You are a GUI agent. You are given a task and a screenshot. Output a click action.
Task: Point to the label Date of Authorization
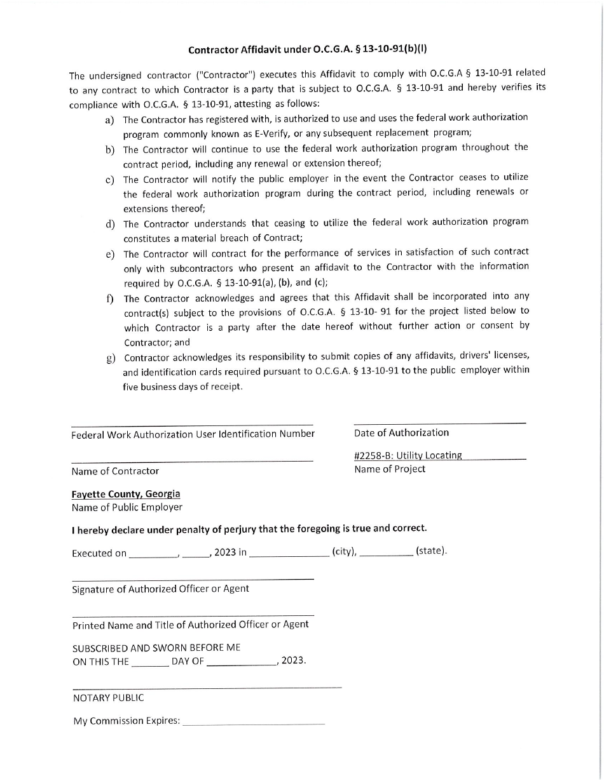coord(401,432)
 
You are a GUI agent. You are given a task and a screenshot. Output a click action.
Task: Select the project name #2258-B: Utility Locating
coord(408,455)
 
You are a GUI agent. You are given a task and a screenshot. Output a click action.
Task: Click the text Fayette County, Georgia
coord(126,494)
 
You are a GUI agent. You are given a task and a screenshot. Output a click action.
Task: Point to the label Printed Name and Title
coord(190,625)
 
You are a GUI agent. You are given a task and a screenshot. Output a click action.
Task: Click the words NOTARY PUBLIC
coord(108,698)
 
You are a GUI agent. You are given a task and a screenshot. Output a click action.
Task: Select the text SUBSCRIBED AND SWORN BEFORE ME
coord(156,648)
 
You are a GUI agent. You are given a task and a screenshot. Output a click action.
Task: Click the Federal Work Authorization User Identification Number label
coord(193,434)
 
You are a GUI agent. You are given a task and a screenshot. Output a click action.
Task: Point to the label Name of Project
coord(390,469)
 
